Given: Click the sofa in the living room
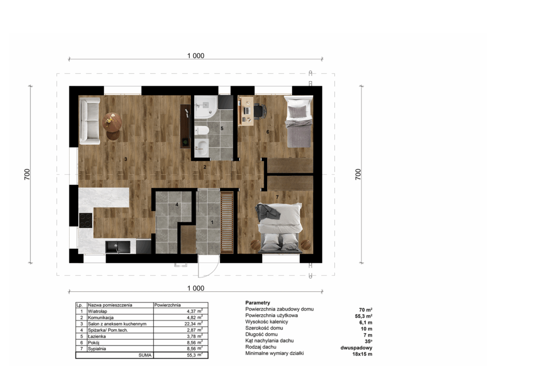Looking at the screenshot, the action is tap(89, 121).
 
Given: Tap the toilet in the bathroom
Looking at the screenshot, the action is tap(201, 131).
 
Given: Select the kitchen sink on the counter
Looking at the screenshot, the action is tap(118, 247).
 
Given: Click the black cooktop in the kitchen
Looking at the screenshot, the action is tap(86, 220).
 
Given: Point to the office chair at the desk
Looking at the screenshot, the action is tap(259, 111).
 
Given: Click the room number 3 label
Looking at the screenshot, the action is tap(126, 159).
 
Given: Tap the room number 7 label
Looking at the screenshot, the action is tap(277, 197).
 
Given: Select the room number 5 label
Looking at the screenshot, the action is tap(222, 129).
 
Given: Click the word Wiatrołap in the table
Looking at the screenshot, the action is tap(97, 311).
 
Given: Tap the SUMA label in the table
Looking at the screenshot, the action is tap(145, 355).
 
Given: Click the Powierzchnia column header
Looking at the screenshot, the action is tap(168, 305).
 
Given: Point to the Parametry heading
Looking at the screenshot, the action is tap(258, 302).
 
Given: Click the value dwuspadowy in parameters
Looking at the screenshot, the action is tap(356, 348).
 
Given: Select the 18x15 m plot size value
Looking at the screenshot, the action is tap(362, 354).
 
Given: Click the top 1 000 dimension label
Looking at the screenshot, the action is tap(196, 55).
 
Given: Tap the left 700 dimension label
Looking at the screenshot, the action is tap(27, 174).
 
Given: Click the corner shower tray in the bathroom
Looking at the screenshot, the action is tap(206, 107).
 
